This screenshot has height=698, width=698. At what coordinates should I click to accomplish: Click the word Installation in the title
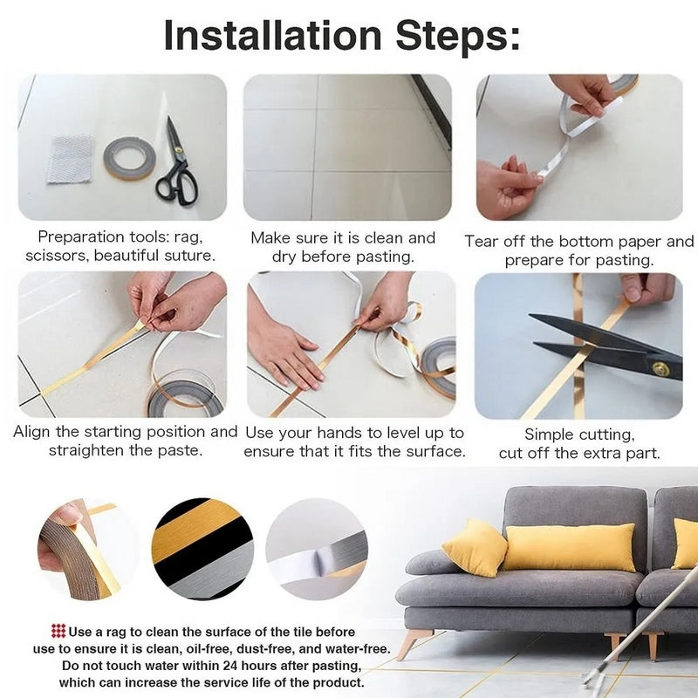(271, 37)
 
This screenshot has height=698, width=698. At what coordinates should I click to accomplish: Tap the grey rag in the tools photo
(70, 159)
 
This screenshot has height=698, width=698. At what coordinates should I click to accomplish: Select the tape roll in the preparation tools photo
(129, 158)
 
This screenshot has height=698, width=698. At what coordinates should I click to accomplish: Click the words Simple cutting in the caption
(578, 434)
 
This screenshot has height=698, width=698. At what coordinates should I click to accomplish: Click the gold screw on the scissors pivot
(661, 369)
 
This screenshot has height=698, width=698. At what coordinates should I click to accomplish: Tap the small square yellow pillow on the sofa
(474, 546)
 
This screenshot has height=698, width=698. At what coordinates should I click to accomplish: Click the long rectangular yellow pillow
(568, 547)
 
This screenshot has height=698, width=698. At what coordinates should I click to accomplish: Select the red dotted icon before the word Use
(58, 630)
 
